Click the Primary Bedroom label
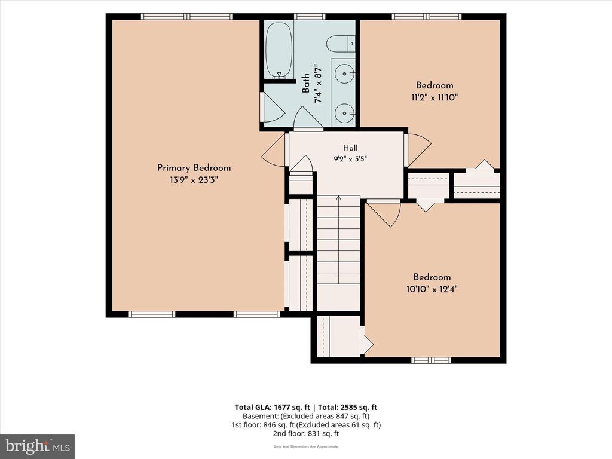194,168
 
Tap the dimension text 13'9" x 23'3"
194,180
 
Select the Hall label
350,148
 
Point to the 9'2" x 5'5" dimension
350,159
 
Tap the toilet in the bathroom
340,44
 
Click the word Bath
305,84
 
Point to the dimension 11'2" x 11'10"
434,97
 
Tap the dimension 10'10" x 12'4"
432,289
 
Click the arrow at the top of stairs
338,198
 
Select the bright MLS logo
37,446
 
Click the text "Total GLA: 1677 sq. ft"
272,408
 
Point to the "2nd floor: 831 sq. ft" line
306,433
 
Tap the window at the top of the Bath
310,16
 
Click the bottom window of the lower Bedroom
432,360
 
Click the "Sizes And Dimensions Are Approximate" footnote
306,446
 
